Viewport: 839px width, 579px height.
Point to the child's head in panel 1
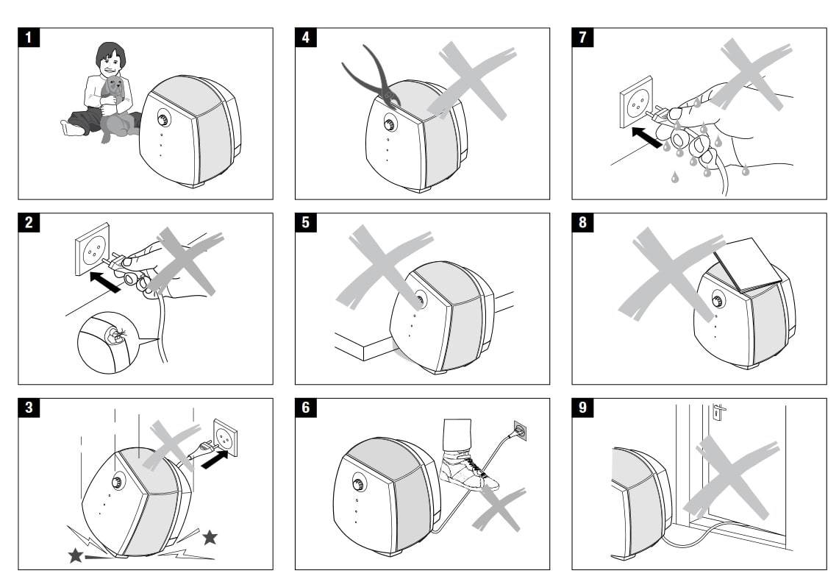click(110, 60)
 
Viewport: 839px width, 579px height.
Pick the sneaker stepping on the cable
click(468, 470)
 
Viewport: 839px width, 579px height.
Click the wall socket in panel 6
click(519, 431)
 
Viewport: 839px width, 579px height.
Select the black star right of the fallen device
click(210, 536)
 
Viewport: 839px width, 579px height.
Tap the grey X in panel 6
click(499, 508)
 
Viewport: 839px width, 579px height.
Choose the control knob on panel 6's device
click(358, 486)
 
